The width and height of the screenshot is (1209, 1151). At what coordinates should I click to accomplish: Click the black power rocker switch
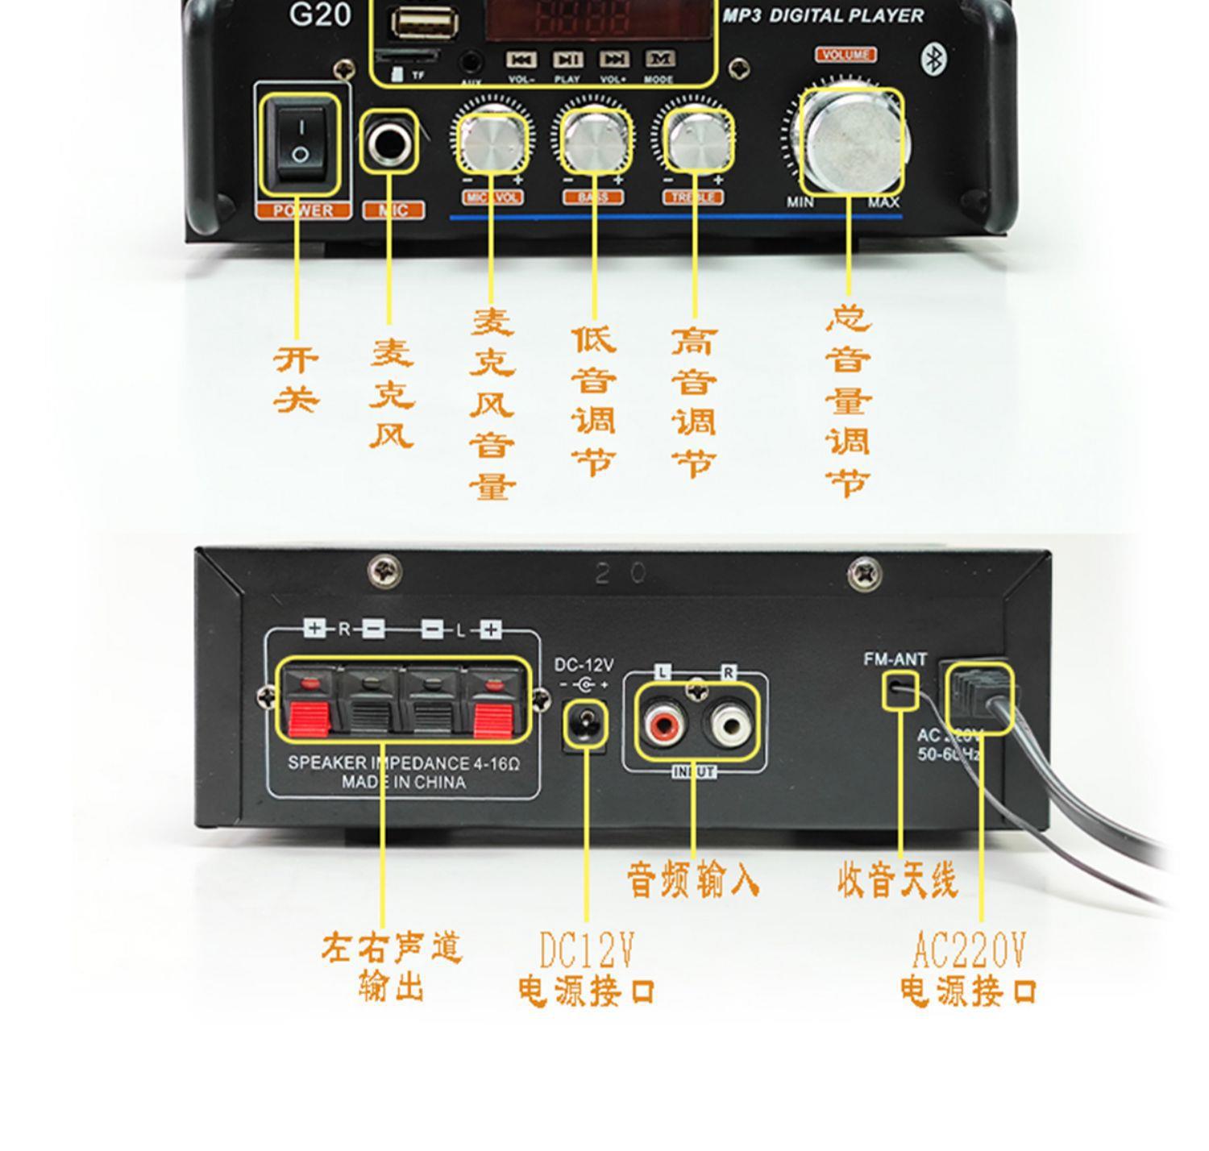(300, 143)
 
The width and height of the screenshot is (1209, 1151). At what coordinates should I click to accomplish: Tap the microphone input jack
(390, 143)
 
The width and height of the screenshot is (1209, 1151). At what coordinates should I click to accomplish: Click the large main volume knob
(853, 143)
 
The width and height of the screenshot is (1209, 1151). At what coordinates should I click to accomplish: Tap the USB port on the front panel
(425, 23)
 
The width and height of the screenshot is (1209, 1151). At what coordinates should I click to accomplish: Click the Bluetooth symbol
(933, 58)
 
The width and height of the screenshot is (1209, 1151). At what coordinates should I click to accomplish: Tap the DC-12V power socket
(585, 725)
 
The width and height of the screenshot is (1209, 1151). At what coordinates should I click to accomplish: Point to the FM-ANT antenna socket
(900, 690)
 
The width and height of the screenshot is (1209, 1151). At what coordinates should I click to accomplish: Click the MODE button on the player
(659, 60)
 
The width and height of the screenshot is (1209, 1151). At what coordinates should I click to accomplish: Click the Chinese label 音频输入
(693, 880)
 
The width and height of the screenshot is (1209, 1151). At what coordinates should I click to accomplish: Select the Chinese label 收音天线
(897, 880)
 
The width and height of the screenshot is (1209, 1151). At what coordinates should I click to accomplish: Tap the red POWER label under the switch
(303, 211)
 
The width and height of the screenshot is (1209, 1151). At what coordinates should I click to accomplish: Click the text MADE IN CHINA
(403, 783)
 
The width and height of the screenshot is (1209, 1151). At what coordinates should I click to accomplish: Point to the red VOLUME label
(846, 55)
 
